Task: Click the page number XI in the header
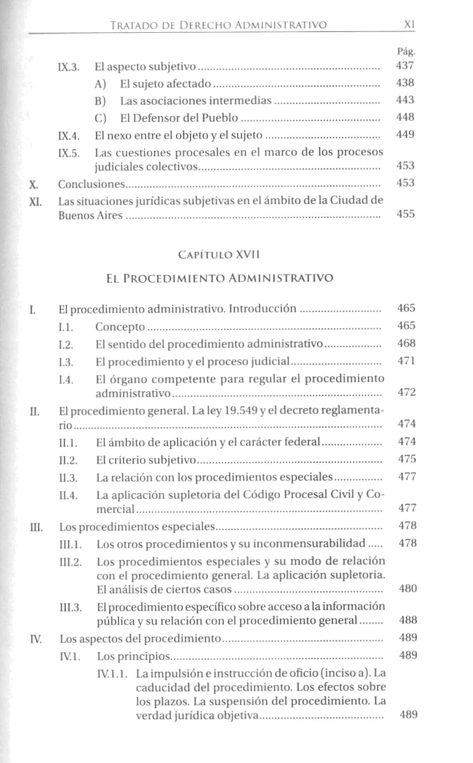click(410, 25)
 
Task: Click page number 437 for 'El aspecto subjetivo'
click(405, 66)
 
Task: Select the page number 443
click(405, 100)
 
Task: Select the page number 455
click(405, 215)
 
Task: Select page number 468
click(407, 344)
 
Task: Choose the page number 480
click(408, 588)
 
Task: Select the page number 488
click(408, 620)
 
